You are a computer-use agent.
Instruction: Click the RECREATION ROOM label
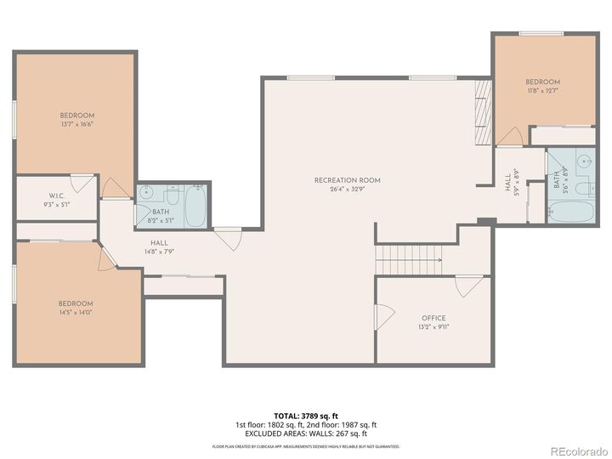[x=347, y=180]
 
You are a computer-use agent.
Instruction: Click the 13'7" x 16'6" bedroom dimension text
[x=76, y=124]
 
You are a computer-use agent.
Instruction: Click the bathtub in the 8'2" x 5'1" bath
[x=195, y=206]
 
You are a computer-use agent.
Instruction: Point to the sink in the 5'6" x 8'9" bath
[x=582, y=160]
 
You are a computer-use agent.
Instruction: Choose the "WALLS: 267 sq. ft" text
[x=345, y=433]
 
